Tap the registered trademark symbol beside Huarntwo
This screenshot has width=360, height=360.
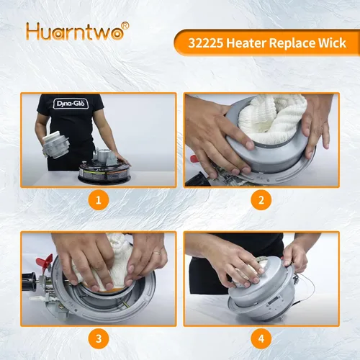tap(125, 26)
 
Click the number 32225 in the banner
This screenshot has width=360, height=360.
tap(206, 43)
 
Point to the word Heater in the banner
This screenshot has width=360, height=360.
tap(246, 43)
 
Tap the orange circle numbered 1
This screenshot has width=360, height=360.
tap(99, 200)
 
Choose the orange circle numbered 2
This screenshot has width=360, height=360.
tap(261, 200)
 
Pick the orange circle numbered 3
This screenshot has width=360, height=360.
tap(99, 338)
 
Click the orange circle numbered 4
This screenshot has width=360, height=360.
tap(261, 338)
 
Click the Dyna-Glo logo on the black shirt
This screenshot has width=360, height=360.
tap(71, 104)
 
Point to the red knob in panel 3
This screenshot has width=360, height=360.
tap(44, 262)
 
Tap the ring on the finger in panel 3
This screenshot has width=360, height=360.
tap(158, 253)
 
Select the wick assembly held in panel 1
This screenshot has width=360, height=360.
tap(55, 145)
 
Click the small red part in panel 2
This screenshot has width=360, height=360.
tap(194, 158)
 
